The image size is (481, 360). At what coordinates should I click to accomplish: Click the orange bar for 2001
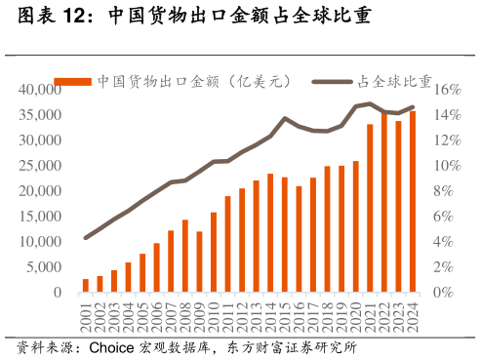86,285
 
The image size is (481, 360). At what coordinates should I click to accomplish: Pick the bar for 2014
270,233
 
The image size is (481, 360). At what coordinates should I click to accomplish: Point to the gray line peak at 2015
285,119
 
